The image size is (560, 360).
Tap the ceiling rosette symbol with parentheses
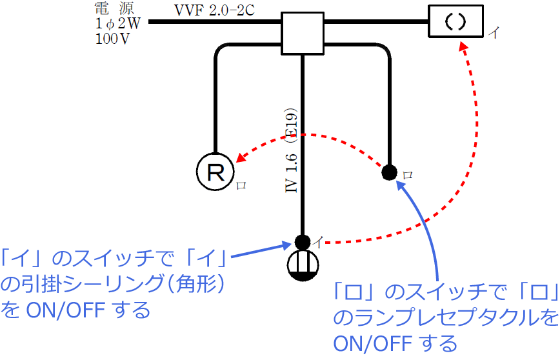(x=455, y=21)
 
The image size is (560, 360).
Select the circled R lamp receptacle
(x=214, y=172)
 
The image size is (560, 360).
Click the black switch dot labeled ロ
(x=389, y=172)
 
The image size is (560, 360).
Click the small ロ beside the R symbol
(x=242, y=185)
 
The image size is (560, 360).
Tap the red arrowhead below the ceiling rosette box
(x=463, y=46)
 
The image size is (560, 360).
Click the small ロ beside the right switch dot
(x=407, y=175)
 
